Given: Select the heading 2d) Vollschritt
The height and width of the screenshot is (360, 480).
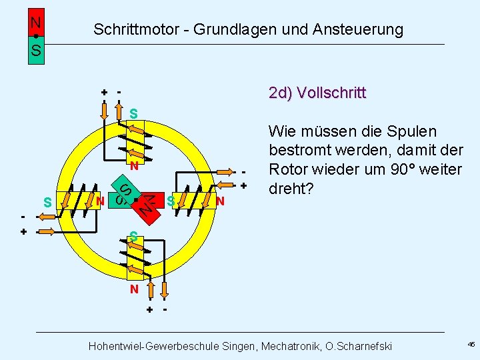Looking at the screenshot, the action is [317, 93].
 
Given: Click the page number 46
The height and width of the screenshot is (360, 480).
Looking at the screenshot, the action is [471, 345].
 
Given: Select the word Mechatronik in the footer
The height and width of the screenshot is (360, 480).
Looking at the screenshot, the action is [297, 346].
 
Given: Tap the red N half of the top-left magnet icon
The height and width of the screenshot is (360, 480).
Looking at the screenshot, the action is [36, 22].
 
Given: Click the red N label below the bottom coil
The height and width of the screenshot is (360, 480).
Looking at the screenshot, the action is [134, 289].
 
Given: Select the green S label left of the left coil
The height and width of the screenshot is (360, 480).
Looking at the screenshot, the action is [47, 201].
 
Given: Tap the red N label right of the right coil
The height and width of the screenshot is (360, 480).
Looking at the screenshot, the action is [220, 201].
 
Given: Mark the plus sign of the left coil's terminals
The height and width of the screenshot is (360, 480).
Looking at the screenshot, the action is [24, 232].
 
